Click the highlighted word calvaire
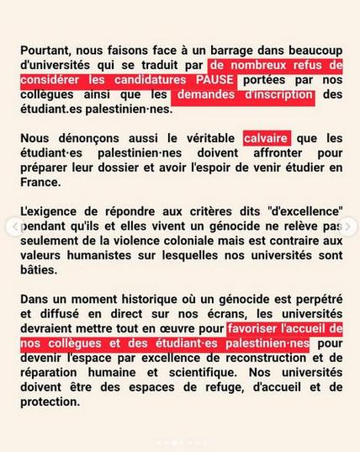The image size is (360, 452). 266,137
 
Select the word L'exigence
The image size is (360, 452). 49,211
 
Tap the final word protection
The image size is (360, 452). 50,401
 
